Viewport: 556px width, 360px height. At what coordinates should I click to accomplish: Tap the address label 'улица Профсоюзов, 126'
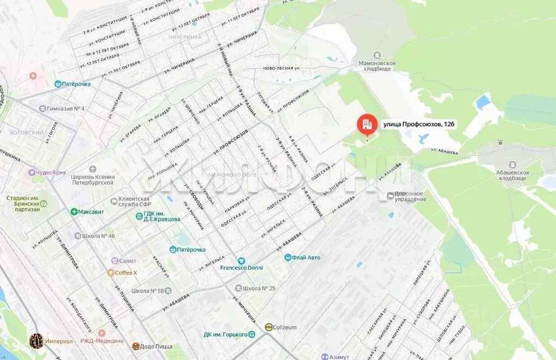(x=419, y=125)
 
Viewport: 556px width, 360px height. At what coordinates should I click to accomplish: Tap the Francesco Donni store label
(x=243, y=268)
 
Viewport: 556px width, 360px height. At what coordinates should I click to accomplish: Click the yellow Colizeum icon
(x=269, y=327)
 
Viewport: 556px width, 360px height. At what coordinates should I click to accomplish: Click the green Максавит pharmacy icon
(x=74, y=211)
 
